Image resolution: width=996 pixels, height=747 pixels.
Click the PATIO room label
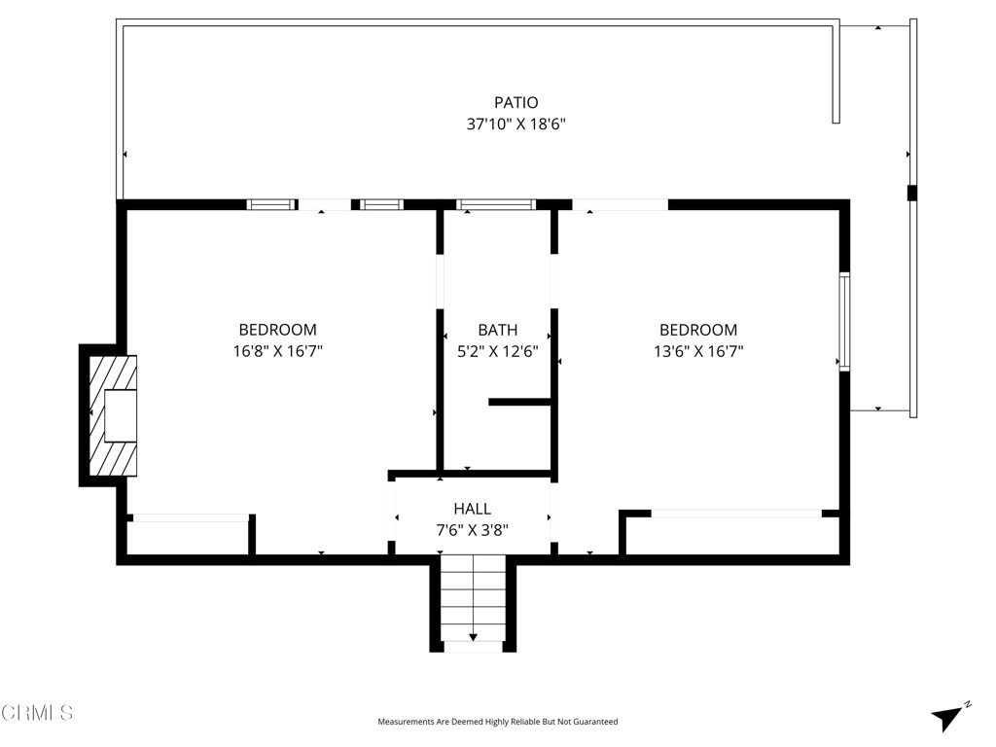coord(516,102)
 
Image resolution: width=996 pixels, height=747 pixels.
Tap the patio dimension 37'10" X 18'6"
coord(516,124)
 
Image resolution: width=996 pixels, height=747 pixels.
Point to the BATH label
coord(497,330)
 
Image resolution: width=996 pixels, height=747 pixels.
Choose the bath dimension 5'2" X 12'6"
coord(497,352)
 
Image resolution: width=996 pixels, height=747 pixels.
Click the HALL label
coord(472,508)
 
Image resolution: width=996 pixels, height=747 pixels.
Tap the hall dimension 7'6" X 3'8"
coord(472,530)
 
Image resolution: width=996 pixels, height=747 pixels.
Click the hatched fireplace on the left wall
coord(112,414)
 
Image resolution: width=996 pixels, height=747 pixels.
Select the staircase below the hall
coord(473,598)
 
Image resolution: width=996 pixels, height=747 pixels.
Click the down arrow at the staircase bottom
coord(473,637)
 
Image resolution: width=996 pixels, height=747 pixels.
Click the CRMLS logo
coord(37,713)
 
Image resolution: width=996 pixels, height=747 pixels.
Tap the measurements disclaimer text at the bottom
coord(497,722)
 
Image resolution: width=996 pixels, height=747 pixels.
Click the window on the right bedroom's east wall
coord(844,322)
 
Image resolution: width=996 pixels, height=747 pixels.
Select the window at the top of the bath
coord(496,204)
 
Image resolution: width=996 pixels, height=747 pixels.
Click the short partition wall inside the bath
coord(520,401)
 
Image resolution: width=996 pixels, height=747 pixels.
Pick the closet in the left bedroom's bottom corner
coord(189,536)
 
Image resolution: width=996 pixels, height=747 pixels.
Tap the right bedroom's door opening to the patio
coord(620,204)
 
